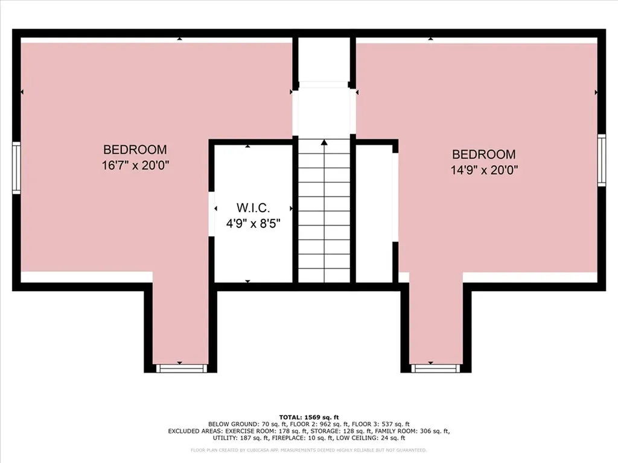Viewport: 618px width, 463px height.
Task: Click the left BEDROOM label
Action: [135, 150]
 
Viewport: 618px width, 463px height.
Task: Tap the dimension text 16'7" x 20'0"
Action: [135, 165]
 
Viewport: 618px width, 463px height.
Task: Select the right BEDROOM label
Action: [484, 154]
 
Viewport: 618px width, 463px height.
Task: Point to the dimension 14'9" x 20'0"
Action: [484, 170]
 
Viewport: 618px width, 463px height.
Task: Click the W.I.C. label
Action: [253, 208]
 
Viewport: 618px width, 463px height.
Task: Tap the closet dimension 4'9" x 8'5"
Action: [253, 223]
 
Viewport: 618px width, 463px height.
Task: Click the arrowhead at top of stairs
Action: [324, 143]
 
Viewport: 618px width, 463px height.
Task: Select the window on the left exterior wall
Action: [16, 168]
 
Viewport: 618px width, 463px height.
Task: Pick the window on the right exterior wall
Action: [601, 159]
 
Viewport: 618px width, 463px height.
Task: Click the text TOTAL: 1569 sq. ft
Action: [309, 417]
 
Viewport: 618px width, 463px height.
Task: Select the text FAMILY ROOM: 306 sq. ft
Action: [410, 432]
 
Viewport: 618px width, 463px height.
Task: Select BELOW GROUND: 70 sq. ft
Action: [239, 424]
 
